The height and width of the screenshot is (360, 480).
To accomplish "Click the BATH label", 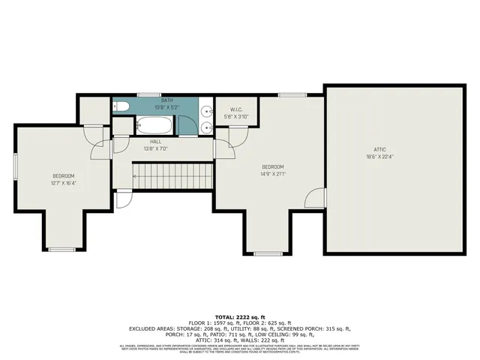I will (x=155, y=100).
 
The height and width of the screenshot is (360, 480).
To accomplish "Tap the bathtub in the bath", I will (x=154, y=121).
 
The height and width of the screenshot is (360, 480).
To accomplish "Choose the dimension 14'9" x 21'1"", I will (x=272, y=174).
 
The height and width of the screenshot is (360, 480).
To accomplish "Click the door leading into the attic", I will (x=316, y=197).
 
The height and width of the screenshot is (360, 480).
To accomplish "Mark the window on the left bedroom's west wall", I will (x=15, y=166).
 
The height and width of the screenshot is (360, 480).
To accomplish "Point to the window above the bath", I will (x=148, y=94).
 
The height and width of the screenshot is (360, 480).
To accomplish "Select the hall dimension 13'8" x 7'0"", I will (x=155, y=148).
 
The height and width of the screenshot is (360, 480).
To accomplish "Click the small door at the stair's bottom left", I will (x=122, y=199).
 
